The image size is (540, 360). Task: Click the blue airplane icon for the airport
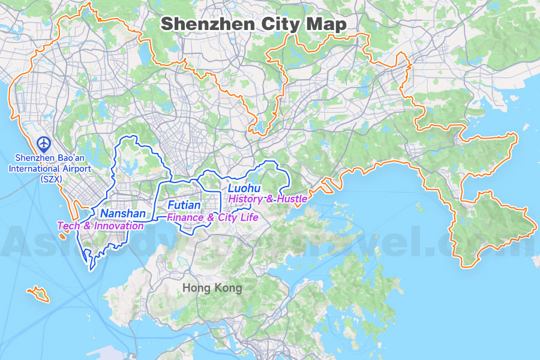(43, 143)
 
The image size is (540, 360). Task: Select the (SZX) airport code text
(50, 178)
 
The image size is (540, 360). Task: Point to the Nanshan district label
(123, 214)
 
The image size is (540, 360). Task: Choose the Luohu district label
(245, 188)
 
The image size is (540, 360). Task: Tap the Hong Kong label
(212, 288)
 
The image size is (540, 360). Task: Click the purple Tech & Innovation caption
(100, 226)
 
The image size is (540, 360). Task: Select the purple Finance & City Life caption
(212, 217)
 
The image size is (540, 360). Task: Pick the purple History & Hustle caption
(268, 199)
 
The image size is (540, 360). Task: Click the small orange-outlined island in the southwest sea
(38, 294)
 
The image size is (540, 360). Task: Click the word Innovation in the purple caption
(119, 226)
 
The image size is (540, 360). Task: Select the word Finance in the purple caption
(184, 217)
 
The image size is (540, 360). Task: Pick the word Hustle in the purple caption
(294, 199)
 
